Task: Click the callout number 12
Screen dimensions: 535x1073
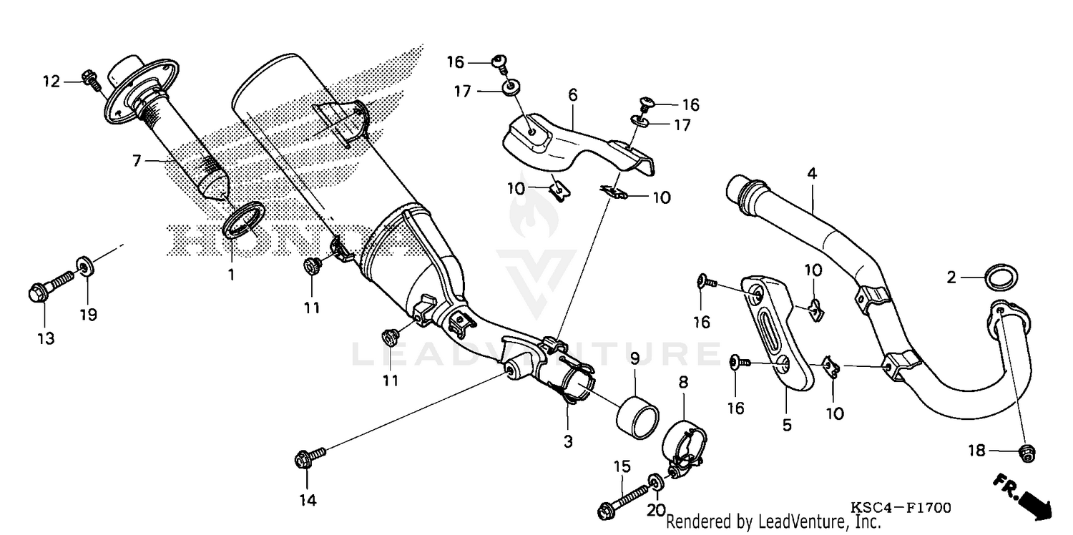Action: pyautogui.click(x=51, y=82)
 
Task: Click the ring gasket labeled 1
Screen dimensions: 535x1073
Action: pyautogui.click(x=244, y=219)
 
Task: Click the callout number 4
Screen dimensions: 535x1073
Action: pyautogui.click(x=812, y=174)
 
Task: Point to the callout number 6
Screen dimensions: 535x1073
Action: pyautogui.click(x=573, y=95)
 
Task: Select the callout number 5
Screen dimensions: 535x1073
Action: pyautogui.click(x=787, y=425)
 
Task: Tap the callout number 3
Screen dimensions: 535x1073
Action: pyautogui.click(x=568, y=441)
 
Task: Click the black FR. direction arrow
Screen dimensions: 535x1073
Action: pyautogui.click(x=1023, y=496)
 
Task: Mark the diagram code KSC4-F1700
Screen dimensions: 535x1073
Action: pyautogui.click(x=901, y=508)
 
